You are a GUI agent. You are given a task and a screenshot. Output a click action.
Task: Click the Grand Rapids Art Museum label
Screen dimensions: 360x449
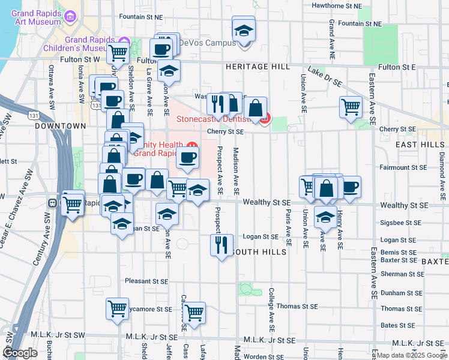[x=36, y=17]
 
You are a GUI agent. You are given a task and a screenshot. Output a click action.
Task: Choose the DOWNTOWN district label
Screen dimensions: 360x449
[x=61, y=126]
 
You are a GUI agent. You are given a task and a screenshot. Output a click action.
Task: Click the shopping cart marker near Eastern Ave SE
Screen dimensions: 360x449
[x=351, y=107]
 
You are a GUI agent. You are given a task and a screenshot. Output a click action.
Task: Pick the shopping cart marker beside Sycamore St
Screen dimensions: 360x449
[x=116, y=308]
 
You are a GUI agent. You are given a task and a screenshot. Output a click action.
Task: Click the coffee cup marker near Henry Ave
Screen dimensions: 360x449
[x=350, y=186]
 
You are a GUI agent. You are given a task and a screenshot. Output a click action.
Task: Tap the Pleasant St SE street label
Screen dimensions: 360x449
[x=146, y=280]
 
